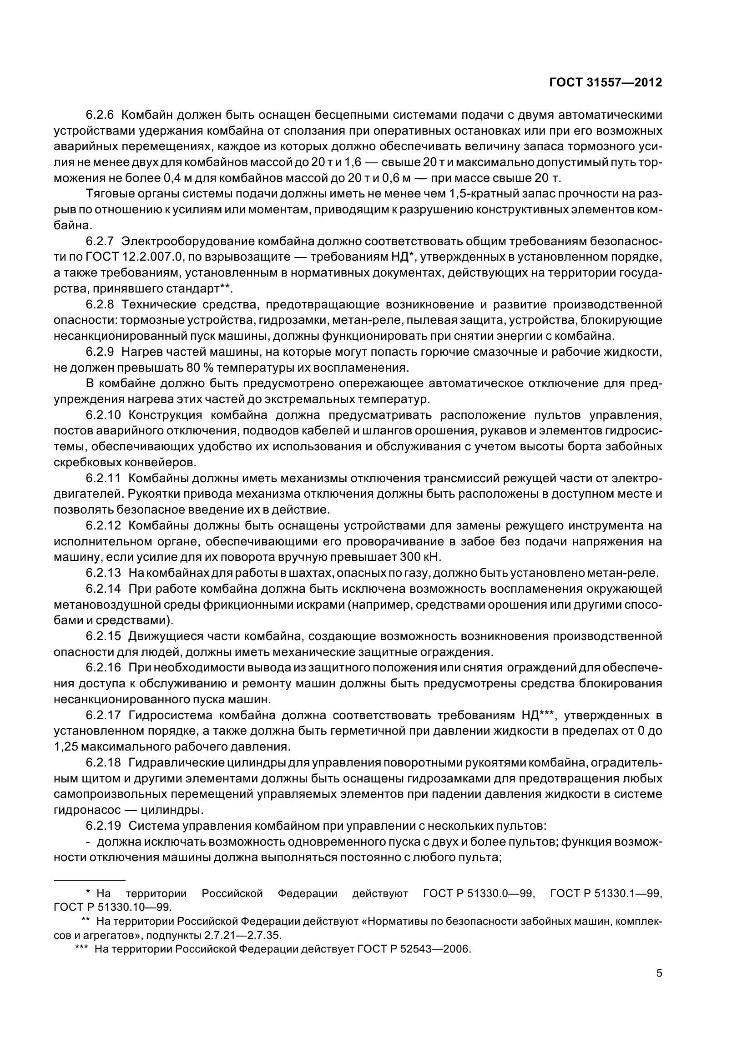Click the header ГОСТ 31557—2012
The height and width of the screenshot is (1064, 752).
click(x=605, y=83)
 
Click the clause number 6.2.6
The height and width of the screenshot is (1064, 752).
click(x=100, y=115)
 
